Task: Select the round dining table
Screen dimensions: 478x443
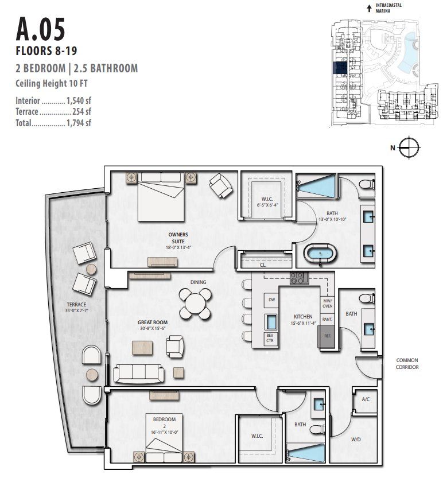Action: tap(195, 302)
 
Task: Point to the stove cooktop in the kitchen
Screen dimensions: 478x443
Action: tap(299, 278)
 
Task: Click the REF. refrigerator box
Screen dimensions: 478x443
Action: tap(327, 335)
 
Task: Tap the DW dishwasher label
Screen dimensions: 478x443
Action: tap(271, 300)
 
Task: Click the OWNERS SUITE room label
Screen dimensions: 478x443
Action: tap(178, 238)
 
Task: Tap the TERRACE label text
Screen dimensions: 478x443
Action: tap(75, 304)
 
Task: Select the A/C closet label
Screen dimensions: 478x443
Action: tap(365, 399)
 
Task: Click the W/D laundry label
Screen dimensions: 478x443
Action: tap(356, 439)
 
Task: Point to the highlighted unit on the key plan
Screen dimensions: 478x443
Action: tap(340, 68)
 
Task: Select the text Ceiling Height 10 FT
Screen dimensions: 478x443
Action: tap(52, 83)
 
